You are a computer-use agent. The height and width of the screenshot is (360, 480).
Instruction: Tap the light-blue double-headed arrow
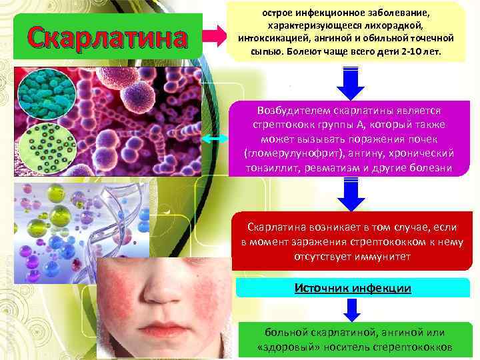pos(216,138)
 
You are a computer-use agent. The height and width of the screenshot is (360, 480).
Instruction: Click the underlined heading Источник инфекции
pos(353,287)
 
